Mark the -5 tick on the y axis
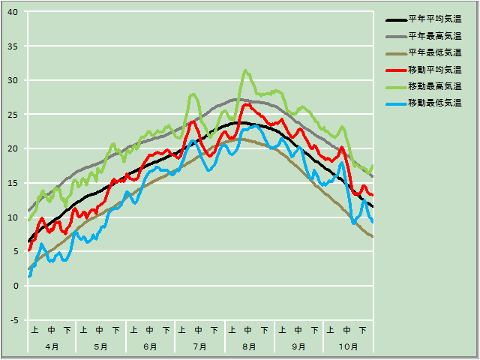click(x=15, y=320)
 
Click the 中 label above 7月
click(x=199, y=330)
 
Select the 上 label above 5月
click(x=84, y=330)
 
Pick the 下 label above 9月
click(x=313, y=330)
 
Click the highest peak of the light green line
click(x=245, y=70)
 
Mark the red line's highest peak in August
click(x=246, y=104)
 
